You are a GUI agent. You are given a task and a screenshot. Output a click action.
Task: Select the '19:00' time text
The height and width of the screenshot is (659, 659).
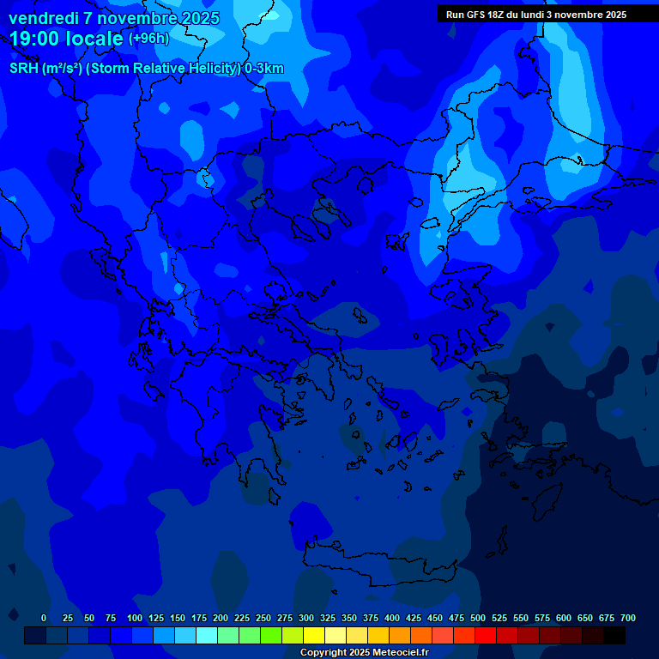pos(35,38)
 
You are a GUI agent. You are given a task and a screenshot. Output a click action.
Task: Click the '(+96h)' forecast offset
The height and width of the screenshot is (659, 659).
pos(148,38)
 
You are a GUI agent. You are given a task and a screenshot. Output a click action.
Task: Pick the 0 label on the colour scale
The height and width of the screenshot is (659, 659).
pos(44,618)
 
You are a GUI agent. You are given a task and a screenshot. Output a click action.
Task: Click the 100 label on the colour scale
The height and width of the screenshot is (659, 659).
pos(135,618)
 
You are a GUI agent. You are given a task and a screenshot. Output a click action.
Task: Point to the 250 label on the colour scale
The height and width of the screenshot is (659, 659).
pos(263,618)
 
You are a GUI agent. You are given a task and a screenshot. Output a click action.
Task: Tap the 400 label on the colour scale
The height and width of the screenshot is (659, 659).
pos(392,618)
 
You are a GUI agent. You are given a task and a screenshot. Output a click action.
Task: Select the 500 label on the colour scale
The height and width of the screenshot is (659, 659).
pos(478,618)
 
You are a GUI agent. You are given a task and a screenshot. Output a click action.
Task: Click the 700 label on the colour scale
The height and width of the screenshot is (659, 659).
pos(628,618)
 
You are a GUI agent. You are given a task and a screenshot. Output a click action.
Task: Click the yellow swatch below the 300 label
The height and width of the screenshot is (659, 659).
pos(314,636)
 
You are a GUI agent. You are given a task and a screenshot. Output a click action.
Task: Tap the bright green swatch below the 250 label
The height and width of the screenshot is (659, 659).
pos(271,636)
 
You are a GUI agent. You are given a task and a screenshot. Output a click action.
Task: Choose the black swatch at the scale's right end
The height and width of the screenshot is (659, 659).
pos(614,636)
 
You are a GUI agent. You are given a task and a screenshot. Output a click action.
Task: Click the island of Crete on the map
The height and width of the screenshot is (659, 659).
pos(378,566)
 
